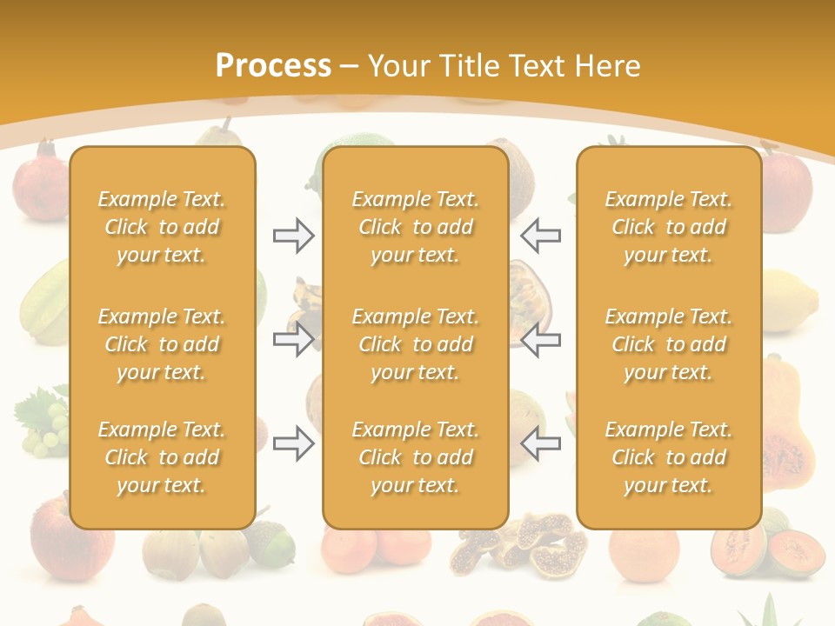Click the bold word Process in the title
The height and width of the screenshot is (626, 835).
pos(273,66)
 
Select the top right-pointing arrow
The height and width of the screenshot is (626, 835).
pos(293,236)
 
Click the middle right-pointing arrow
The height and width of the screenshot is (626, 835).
pos(293,339)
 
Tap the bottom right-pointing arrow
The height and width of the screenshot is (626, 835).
pos(293,443)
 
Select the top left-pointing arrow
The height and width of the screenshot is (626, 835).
pos(541,236)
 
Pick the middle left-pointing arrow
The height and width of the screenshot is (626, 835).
pos(541,339)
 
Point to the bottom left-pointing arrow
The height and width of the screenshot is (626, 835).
pos(541,443)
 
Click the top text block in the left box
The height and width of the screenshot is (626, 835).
pos(162,227)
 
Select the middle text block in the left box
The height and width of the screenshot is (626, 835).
pos(162,344)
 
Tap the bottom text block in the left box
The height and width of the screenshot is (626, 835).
pos(162,457)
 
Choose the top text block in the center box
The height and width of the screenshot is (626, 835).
pos(415,227)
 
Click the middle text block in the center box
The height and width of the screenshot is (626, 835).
pos(415,344)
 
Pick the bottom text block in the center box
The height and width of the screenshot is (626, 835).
pos(415,457)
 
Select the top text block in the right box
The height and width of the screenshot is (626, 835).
pos(669,227)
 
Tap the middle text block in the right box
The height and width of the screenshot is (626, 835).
pos(669,344)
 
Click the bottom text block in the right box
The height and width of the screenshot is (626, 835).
pos(669,457)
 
